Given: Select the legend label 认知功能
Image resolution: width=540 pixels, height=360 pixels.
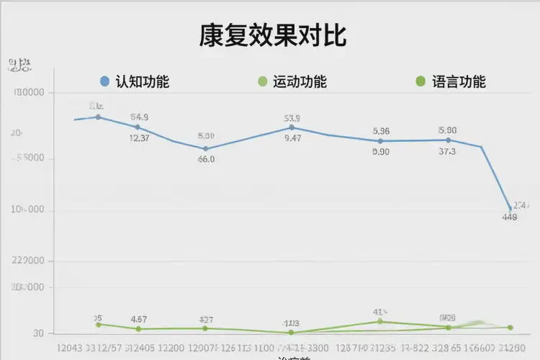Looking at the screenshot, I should click(143, 81).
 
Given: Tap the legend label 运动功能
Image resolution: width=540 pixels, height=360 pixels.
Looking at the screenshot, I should click(300, 81).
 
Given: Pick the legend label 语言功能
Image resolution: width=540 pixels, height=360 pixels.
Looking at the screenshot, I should click(459, 81).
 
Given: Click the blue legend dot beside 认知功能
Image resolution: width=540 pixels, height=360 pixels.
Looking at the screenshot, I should click(104, 81).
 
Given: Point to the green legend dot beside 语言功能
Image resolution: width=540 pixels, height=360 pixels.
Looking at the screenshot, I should click(420, 81).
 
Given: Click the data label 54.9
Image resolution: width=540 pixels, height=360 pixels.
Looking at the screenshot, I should click(140, 117).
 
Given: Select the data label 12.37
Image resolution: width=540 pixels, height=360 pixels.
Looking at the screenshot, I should click(140, 138).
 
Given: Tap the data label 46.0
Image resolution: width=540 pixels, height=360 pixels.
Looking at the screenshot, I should click(206, 159).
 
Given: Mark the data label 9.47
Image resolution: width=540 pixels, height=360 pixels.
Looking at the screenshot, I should click(293, 138).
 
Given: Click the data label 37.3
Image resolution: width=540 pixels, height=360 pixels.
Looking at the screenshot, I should click(447, 151).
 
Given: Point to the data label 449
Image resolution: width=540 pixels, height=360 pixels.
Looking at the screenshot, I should click(509, 217).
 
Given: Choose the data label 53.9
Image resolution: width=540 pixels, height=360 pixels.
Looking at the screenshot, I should click(292, 118).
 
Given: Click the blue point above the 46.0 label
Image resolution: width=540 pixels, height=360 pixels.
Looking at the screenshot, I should click(206, 148).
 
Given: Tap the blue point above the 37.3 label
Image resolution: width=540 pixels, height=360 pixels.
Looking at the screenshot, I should click(448, 140).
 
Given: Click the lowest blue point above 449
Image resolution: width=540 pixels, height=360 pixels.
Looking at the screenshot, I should click(510, 210).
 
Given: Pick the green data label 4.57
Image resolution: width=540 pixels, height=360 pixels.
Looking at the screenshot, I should click(139, 319).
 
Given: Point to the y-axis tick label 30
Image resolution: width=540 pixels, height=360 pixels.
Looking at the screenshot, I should click(37, 333).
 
